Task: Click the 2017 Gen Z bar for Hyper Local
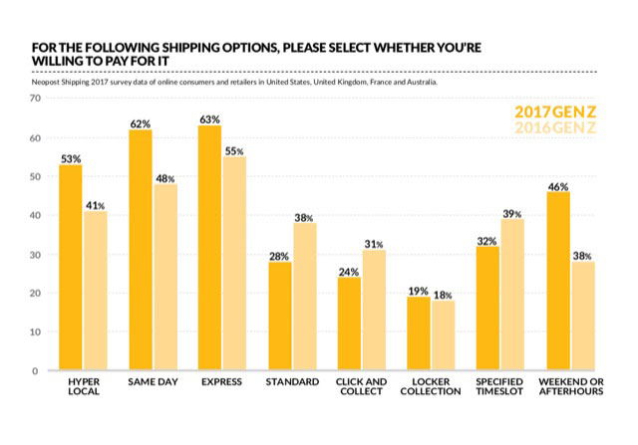point(71,268)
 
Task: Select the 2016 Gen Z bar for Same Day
point(164,277)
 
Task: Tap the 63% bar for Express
point(209,248)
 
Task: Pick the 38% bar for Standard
point(304,297)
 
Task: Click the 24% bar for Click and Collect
point(348,324)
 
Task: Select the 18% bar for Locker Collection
point(443,335)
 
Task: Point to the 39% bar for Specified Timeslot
point(512,295)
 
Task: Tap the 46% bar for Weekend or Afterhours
point(557,282)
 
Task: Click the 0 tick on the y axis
point(36,371)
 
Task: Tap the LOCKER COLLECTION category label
point(431,386)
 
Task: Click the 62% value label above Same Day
point(141,124)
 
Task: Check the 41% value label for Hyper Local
point(95,205)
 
